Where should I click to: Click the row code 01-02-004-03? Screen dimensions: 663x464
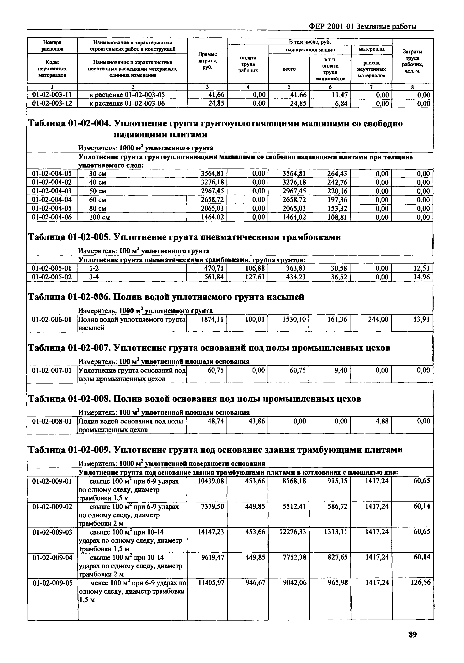point(52,191)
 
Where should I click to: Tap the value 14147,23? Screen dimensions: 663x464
point(211,532)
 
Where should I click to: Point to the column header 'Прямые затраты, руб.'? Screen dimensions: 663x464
point(207,61)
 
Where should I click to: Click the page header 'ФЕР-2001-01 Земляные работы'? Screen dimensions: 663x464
point(362,27)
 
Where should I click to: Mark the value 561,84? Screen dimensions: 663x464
point(214,277)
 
